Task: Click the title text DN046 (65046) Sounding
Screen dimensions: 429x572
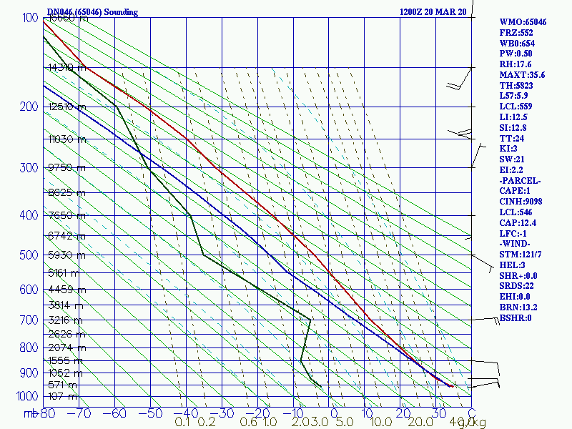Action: tap(92, 12)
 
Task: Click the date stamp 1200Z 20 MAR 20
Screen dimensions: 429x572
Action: tap(433, 12)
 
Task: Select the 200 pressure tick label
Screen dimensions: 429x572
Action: tap(28, 107)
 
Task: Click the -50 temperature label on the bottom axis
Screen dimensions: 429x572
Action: tap(150, 413)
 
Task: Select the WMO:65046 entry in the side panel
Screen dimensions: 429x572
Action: tap(523, 22)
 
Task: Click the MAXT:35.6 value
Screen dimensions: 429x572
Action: tap(522, 75)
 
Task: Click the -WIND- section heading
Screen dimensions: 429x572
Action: tap(517, 244)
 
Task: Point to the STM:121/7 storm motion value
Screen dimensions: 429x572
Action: tap(521, 255)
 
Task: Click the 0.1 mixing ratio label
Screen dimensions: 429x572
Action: tap(182, 423)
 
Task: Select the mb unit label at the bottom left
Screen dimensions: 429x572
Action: tap(31, 413)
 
